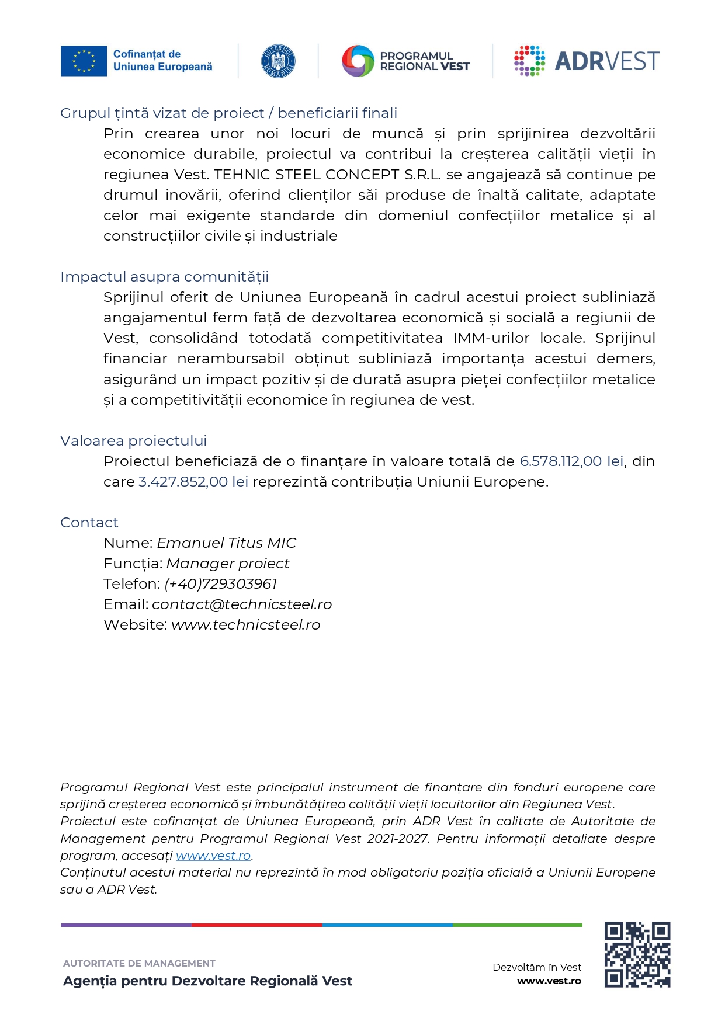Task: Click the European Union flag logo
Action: pyautogui.click(x=84, y=61)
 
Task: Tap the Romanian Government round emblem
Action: pyautogui.click(x=278, y=61)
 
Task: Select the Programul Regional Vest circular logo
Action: pyautogui.click(x=358, y=61)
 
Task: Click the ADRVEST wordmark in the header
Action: pyautogui.click(x=606, y=61)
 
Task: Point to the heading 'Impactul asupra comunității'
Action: pyautogui.click(x=164, y=277)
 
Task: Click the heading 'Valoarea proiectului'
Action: pyautogui.click(x=133, y=441)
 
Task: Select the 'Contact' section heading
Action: pyautogui.click(x=89, y=523)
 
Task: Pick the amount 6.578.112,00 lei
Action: pyautogui.click(x=571, y=461)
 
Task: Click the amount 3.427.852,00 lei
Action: pyautogui.click(x=193, y=482)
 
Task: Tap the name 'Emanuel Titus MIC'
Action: pyautogui.click(x=226, y=543)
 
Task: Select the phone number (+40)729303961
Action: pyautogui.click(x=220, y=584)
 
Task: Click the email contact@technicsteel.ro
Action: pyautogui.click(x=241, y=604)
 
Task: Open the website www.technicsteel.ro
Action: pyautogui.click(x=245, y=625)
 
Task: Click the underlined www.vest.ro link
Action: pyautogui.click(x=213, y=856)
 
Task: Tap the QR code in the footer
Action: pyautogui.click(x=637, y=954)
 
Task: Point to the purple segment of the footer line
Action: pyautogui.click(x=126, y=925)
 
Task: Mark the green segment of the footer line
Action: pyautogui.click(x=517, y=925)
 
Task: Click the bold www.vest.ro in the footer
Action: pyautogui.click(x=549, y=981)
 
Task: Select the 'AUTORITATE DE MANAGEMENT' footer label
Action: pyautogui.click(x=139, y=964)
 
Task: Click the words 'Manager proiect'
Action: pyautogui.click(x=227, y=564)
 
